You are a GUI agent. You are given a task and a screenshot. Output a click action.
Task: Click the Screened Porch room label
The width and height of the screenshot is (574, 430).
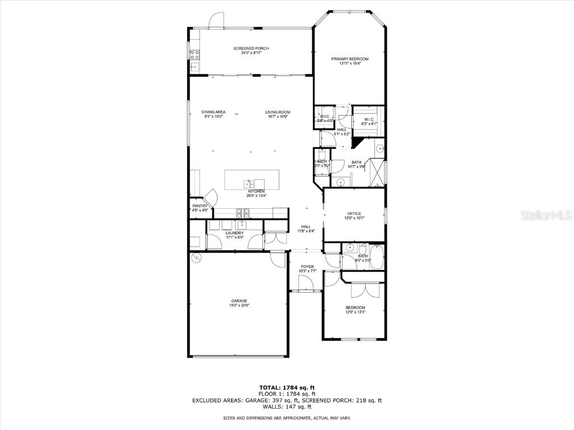point(251,49)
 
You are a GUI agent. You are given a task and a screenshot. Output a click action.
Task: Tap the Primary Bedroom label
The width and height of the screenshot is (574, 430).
point(350,59)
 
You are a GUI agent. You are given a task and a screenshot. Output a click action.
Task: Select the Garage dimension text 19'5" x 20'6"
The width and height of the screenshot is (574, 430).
point(239,305)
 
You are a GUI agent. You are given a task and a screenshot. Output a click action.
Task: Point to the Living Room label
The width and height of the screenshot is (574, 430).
point(277,112)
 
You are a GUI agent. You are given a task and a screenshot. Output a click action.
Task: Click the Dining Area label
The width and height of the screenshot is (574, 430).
point(213,112)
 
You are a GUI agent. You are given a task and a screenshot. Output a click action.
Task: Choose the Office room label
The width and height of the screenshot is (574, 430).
point(354,213)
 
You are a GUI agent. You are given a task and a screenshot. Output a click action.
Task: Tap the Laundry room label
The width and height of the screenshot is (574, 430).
point(235,233)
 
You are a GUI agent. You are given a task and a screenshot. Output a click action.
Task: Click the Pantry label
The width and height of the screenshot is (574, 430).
point(200,206)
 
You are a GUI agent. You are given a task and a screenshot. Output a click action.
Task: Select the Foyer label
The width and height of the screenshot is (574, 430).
point(307,267)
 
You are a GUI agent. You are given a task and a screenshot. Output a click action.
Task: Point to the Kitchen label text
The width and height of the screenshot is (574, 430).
point(256,191)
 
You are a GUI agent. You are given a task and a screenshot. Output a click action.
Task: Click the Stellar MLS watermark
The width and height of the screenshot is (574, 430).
point(545,215)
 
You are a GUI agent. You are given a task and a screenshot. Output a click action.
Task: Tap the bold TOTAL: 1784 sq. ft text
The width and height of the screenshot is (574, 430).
point(286,387)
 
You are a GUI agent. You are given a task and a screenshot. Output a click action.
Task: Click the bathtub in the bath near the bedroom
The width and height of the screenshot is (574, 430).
point(377,256)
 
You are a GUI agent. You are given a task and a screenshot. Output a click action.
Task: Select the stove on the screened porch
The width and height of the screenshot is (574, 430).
point(195,54)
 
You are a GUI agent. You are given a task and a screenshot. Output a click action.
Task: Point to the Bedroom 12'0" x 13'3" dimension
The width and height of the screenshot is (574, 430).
point(355,312)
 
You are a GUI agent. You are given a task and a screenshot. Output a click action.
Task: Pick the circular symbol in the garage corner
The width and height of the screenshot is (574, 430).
point(196,258)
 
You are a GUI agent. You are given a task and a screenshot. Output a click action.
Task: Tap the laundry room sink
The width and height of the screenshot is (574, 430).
point(242,226)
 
